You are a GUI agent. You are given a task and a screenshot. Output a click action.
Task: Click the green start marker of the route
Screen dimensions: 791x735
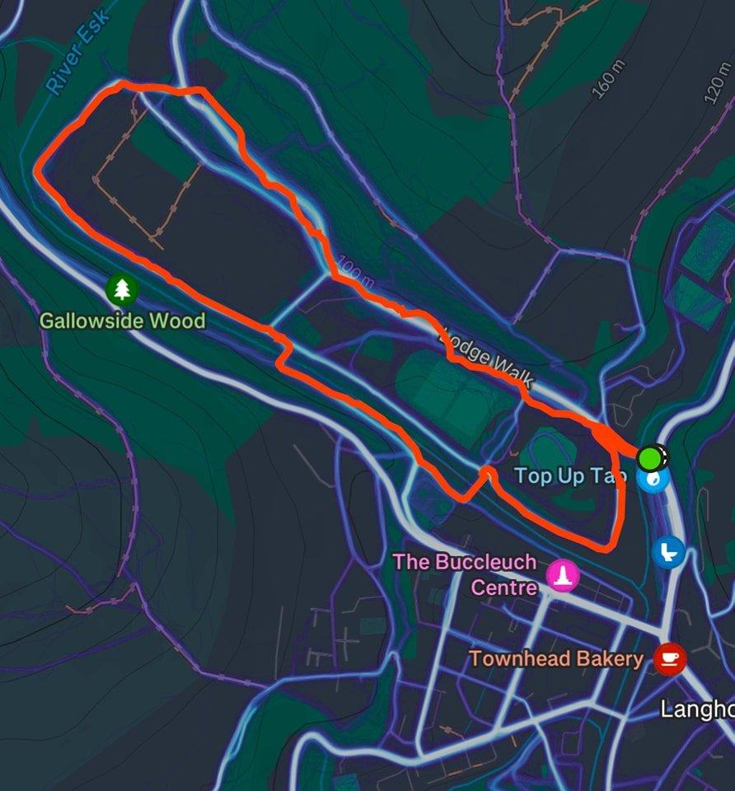click(x=651, y=456)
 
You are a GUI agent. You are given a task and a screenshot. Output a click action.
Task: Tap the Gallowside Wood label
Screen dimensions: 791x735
click(x=122, y=321)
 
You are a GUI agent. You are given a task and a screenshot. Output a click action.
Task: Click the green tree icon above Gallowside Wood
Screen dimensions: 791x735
click(x=122, y=288)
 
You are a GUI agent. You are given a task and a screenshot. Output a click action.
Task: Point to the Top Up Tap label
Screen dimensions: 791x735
click(x=570, y=476)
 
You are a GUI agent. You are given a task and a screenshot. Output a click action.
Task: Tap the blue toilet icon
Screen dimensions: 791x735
click(x=668, y=550)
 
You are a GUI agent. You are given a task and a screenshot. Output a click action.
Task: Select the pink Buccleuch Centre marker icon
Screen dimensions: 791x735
click(x=564, y=575)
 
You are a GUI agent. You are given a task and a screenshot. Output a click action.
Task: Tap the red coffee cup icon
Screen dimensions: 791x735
click(x=669, y=658)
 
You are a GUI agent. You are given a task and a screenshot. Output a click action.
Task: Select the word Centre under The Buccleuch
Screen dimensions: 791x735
click(x=503, y=587)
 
